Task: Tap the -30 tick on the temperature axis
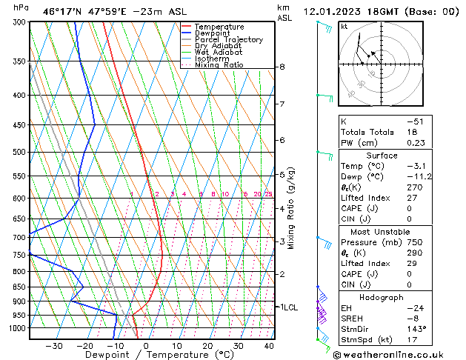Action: pyautogui.click(x=53, y=346)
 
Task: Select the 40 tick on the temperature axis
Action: pyautogui.click(x=269, y=346)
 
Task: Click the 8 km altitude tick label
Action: pyautogui.click(x=282, y=67)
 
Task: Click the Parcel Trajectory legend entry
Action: pyautogui.click(x=228, y=39)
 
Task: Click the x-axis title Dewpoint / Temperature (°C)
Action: pyautogui.click(x=149, y=355)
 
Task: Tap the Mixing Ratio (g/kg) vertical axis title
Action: pyautogui.click(x=291, y=208)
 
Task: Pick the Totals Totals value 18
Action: pyautogui.click(x=412, y=132)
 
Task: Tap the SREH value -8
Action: pyautogui.click(x=412, y=317)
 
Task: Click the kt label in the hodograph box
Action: pyautogui.click(x=344, y=26)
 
